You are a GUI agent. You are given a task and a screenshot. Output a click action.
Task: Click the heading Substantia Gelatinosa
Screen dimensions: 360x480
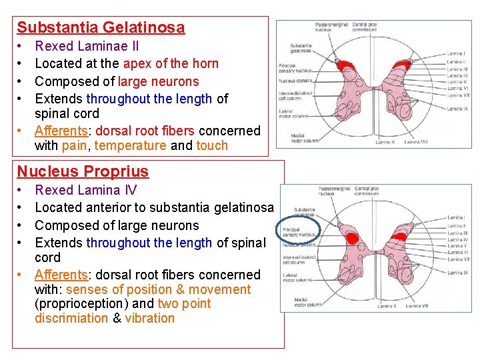click(101, 27)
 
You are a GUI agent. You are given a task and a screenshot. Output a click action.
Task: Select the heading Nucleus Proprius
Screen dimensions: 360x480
click(83, 171)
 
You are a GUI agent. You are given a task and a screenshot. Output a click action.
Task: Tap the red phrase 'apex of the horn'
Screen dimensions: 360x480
click(170, 64)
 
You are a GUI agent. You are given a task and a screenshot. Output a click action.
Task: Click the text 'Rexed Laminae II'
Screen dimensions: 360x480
click(87, 46)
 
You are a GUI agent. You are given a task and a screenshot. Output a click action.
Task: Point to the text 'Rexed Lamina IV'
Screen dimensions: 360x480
click(85, 191)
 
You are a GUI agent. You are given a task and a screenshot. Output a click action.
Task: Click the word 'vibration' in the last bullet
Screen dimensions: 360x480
click(150, 318)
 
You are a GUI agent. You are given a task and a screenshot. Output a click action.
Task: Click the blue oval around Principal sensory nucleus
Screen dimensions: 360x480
click(298, 231)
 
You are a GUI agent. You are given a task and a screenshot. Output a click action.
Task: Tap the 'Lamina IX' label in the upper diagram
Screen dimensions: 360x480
click(457, 109)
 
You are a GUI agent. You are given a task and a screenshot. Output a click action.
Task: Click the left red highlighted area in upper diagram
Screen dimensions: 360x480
click(345, 66)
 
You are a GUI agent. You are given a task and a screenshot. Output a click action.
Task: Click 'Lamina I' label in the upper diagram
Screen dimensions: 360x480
click(457, 53)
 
